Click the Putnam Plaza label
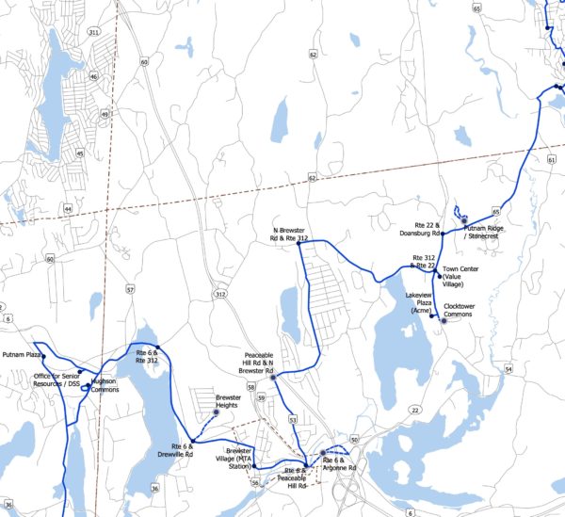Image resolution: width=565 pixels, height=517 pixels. click(23, 355)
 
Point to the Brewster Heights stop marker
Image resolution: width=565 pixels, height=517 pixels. click(217, 412)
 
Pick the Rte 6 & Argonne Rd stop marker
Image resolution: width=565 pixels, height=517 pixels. click(323, 454)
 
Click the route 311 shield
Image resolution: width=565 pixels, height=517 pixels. click(93, 32)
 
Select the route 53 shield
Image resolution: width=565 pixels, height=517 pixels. click(293, 418)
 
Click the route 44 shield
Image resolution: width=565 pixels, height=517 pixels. click(68, 207)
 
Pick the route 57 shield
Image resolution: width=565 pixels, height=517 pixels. click(130, 289)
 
